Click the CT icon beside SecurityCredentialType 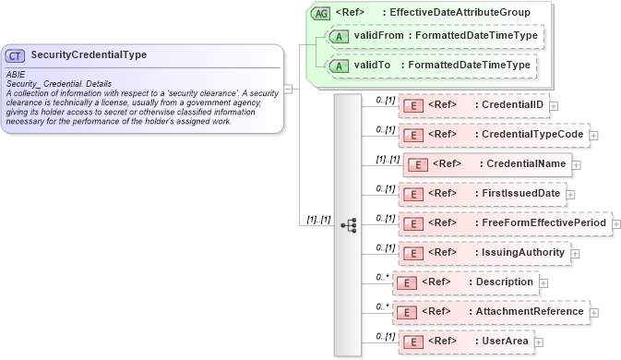pos(17,55)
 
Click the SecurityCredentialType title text pos(89,55)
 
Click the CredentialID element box pos(473,105)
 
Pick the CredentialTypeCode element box pos(494,135)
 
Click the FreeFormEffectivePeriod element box pos(505,223)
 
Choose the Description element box pos(467,282)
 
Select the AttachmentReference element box pos(491,312)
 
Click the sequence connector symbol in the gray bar pos(348,224)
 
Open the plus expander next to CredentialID pos(554,106)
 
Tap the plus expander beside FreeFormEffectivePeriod pos(616,224)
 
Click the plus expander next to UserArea pos(539,342)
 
